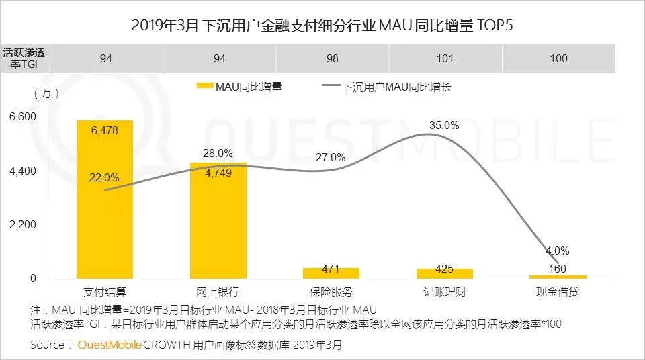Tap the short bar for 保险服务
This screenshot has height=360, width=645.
[331, 273]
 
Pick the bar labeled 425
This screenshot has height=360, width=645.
[444, 273]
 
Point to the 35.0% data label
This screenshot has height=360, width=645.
[444, 125]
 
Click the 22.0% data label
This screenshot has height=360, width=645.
[104, 178]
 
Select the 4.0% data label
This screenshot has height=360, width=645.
[558, 251]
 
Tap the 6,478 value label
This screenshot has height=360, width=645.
[104, 131]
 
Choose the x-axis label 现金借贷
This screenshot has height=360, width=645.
[558, 292]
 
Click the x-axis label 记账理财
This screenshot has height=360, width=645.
[444, 292]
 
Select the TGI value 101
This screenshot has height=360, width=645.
[445, 58]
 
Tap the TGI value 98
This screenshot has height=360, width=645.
[332, 58]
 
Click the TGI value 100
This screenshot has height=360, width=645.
[558, 58]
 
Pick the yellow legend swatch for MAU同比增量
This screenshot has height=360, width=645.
[204, 87]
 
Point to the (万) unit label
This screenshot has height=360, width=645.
[45, 93]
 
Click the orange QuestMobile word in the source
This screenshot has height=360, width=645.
[110, 345]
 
